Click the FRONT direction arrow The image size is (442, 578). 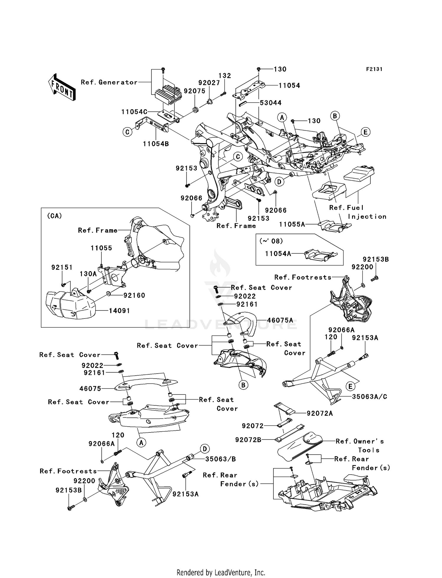pos(62,87)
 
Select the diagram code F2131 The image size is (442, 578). pos(374,69)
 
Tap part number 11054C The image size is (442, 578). pos(134,112)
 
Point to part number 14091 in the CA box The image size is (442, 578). pos(119,311)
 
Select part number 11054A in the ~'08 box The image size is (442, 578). pos(278,253)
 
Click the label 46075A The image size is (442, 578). pos(280,320)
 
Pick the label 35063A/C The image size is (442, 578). pos(370,397)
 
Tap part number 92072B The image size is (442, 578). pos(248,440)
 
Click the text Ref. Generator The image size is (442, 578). pos(109,82)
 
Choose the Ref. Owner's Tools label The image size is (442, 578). pos(360,445)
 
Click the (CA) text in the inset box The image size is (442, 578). pos(55,216)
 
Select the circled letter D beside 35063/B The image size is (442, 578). pos(204,449)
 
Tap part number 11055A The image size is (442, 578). pos(292,224)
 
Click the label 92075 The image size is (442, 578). pos(194,91)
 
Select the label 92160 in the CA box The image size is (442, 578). pos(134,295)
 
